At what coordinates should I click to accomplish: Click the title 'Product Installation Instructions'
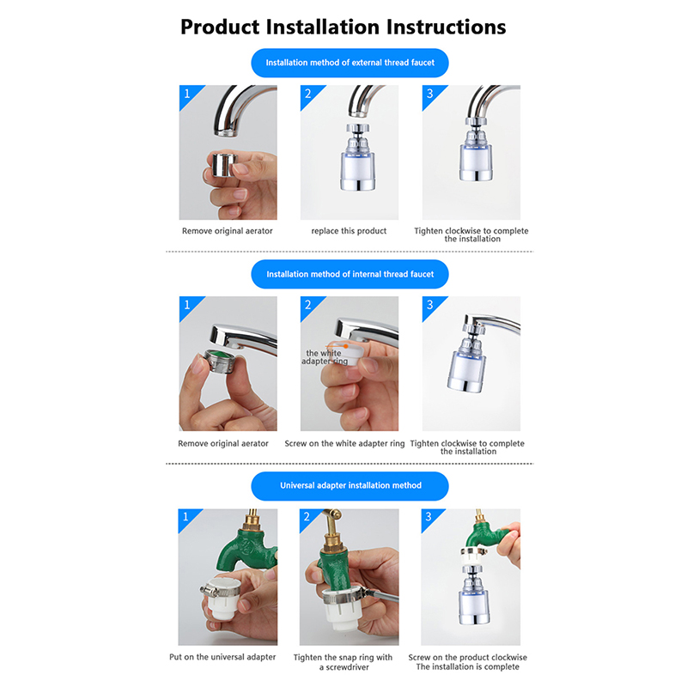[343, 27]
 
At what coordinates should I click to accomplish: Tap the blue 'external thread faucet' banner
[350, 63]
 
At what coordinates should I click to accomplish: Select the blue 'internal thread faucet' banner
[350, 274]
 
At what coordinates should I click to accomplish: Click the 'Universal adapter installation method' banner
[350, 486]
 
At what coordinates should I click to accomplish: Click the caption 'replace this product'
[349, 231]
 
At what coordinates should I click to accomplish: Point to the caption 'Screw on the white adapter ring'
[345, 443]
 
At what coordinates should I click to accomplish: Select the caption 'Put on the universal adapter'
[222, 657]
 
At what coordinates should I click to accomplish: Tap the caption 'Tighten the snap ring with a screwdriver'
[343, 662]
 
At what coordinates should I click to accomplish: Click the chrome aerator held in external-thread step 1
[224, 165]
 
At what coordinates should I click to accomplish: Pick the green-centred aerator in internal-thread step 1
[218, 361]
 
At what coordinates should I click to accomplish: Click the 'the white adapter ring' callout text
[325, 357]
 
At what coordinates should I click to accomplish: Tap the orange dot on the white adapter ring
[346, 346]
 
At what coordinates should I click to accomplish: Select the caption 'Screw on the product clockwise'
[467, 657]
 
